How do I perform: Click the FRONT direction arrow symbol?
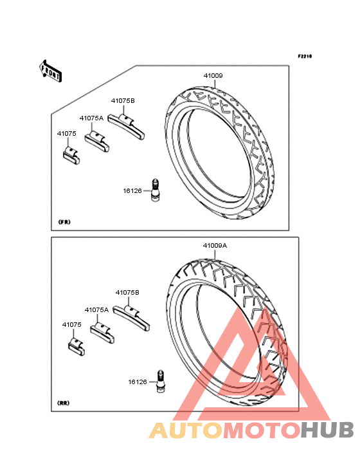50,71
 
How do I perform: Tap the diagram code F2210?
305,56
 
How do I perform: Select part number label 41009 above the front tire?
213,76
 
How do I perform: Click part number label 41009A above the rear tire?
215,246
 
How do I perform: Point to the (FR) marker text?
64,222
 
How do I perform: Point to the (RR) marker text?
63,403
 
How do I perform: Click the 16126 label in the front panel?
132,190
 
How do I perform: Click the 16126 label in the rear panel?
138,382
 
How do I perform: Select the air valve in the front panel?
156,190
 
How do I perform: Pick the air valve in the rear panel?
161,381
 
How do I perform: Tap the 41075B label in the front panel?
123,101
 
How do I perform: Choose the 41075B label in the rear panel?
127,293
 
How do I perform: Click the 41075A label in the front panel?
91,118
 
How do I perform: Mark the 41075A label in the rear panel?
96,310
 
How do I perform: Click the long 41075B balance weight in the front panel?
127,127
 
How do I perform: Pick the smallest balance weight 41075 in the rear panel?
76,347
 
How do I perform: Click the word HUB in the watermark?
327,430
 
